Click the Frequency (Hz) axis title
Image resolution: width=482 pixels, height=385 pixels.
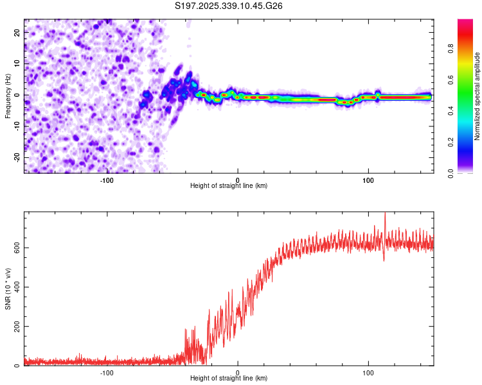click(x=8, y=96)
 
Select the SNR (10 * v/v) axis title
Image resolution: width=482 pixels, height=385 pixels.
click(x=8, y=288)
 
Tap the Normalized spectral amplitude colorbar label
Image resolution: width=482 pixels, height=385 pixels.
click(x=478, y=96)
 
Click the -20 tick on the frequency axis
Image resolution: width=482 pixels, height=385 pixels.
click(x=17, y=157)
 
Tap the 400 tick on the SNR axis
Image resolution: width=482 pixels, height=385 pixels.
click(x=16, y=287)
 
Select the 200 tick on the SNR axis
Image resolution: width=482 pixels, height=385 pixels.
click(x=16, y=327)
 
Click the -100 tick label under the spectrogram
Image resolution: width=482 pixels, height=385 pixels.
click(x=107, y=180)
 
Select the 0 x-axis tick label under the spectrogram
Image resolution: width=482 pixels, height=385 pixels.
click(x=238, y=180)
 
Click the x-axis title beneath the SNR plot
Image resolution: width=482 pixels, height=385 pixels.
click(x=229, y=379)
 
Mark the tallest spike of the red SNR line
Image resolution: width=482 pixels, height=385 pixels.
click(x=385, y=214)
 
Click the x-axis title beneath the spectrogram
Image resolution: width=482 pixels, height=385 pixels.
click(x=229, y=185)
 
